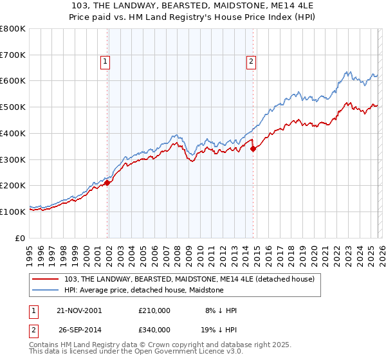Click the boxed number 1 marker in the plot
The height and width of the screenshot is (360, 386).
[x=105, y=62]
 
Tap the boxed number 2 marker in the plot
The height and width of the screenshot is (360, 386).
[x=250, y=62]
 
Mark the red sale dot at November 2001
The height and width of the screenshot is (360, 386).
[x=107, y=183]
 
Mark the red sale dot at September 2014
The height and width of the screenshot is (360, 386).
[x=253, y=148]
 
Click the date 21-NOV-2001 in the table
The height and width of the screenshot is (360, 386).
[x=79, y=310]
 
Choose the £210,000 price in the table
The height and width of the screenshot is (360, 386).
[x=154, y=310]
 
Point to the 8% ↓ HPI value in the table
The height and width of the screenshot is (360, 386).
[x=219, y=310]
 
